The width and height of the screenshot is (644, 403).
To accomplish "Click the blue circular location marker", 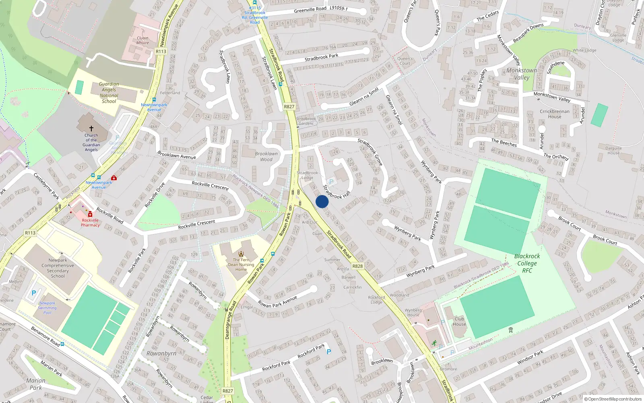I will pos(322,201).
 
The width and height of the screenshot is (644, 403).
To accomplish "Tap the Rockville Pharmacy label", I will pos(90,222).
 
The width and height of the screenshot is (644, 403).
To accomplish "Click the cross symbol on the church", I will pos(91,129).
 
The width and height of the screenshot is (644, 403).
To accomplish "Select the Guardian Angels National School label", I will pos(109,93).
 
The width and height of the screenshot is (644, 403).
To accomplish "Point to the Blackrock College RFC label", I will pos(527,263).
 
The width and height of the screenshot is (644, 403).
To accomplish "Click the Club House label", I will pos(459,321).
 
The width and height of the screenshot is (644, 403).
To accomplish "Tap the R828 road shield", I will pos(357,266).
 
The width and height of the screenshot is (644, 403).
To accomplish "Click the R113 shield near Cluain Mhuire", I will pos(161,51).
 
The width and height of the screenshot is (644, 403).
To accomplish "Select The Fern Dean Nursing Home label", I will pos(241,264).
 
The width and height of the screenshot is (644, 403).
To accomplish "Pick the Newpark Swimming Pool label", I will pos(47,308).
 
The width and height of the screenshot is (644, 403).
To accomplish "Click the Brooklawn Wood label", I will pos(266,156).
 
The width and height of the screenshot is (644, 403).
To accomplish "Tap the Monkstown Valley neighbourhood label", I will pos(522,74).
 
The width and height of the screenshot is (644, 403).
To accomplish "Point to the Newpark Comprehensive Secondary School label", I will pos(58,268).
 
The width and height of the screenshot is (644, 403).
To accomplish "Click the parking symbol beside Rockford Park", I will pos(329,352).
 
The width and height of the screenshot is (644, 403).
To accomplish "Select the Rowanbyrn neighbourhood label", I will pos(161,353).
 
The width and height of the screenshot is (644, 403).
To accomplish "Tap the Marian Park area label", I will pos(36,384).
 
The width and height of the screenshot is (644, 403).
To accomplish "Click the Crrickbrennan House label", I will pos(555,114).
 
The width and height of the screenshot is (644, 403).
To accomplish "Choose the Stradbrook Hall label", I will pos(336,192).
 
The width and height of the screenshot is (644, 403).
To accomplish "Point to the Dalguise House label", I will pos(613,150).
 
